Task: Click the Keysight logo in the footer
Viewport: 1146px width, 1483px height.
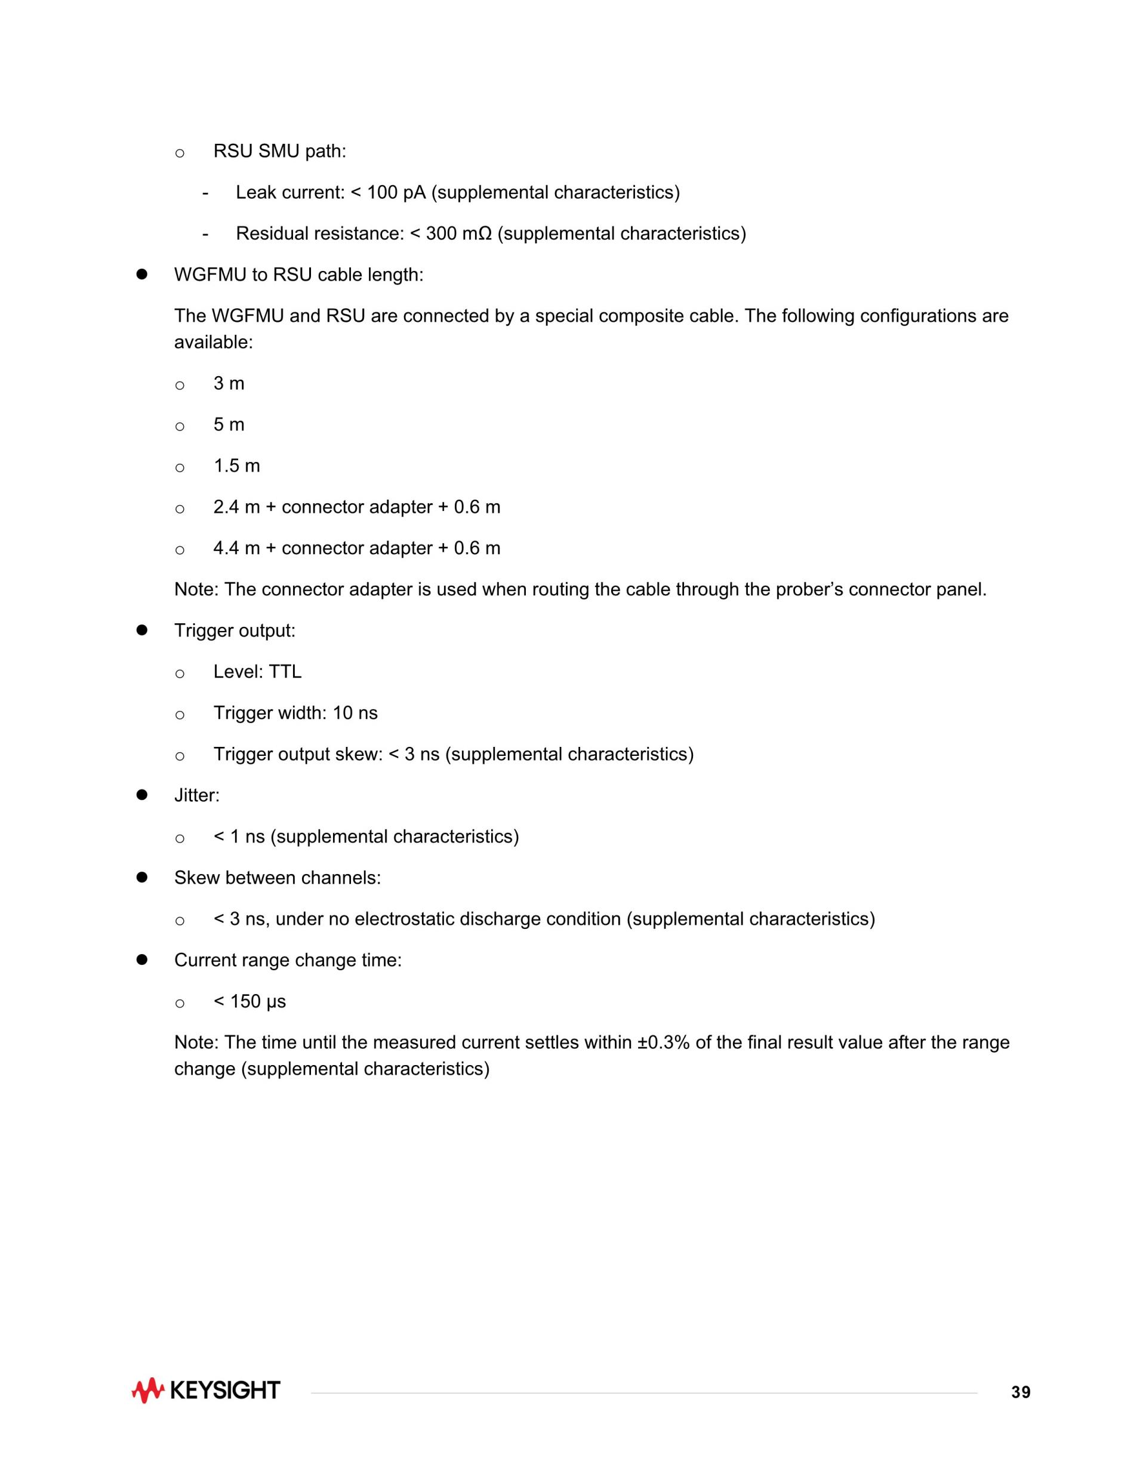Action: pyautogui.click(x=206, y=1390)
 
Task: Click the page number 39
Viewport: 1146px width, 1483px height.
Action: pyautogui.click(x=1021, y=1393)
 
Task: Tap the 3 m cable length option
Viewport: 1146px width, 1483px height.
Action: pyautogui.click(x=229, y=384)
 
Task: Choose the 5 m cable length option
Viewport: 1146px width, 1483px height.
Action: pyautogui.click(x=229, y=425)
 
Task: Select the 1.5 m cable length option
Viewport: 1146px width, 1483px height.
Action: pyautogui.click(x=236, y=466)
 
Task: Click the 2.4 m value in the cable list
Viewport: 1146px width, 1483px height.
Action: pyautogui.click(x=236, y=507)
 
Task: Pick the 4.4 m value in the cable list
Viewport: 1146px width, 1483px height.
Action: pyautogui.click(x=236, y=549)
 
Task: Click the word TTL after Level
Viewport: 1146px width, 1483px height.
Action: pyautogui.click(x=285, y=672)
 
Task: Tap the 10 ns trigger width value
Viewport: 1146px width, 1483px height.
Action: pyautogui.click(x=355, y=713)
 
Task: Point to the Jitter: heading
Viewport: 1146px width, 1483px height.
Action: pyautogui.click(x=197, y=796)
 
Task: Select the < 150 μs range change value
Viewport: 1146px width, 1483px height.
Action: pyautogui.click(x=250, y=1002)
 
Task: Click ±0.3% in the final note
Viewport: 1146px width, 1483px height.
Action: pyautogui.click(x=663, y=1043)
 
